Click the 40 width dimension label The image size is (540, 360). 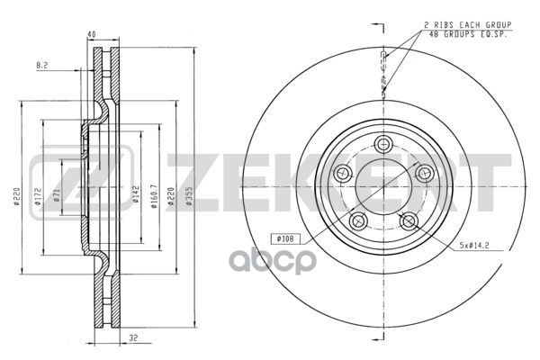pyautogui.click(x=91, y=35)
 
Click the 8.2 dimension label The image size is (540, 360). pyautogui.click(x=42, y=65)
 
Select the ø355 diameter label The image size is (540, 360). pyautogui.click(x=188, y=196)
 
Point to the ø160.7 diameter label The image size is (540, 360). pyautogui.click(x=154, y=196)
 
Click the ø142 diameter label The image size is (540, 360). pyautogui.click(x=136, y=194)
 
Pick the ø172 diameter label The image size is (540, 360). pyautogui.click(x=38, y=196)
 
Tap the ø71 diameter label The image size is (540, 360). pyautogui.click(x=57, y=195)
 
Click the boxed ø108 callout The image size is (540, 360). pyautogui.click(x=285, y=238)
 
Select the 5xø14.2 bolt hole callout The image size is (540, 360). pyautogui.click(x=474, y=246)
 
